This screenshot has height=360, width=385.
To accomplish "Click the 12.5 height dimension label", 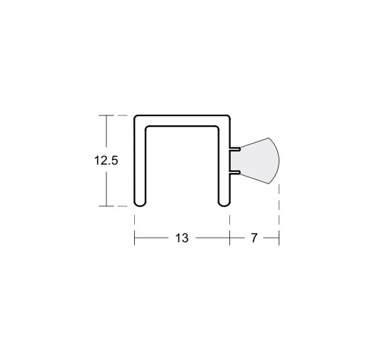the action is (x=106, y=161).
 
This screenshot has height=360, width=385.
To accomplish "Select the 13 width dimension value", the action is (x=182, y=238).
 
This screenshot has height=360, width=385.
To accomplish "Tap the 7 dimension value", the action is (x=254, y=238).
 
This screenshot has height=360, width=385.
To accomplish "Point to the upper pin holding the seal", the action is (x=235, y=149).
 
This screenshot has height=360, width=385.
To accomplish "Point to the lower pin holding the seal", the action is (x=235, y=172).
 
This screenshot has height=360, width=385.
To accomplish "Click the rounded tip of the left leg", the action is (x=140, y=204).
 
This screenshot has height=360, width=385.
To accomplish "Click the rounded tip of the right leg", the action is (x=224, y=204).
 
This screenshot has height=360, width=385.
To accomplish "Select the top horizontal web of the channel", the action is (x=182, y=120).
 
